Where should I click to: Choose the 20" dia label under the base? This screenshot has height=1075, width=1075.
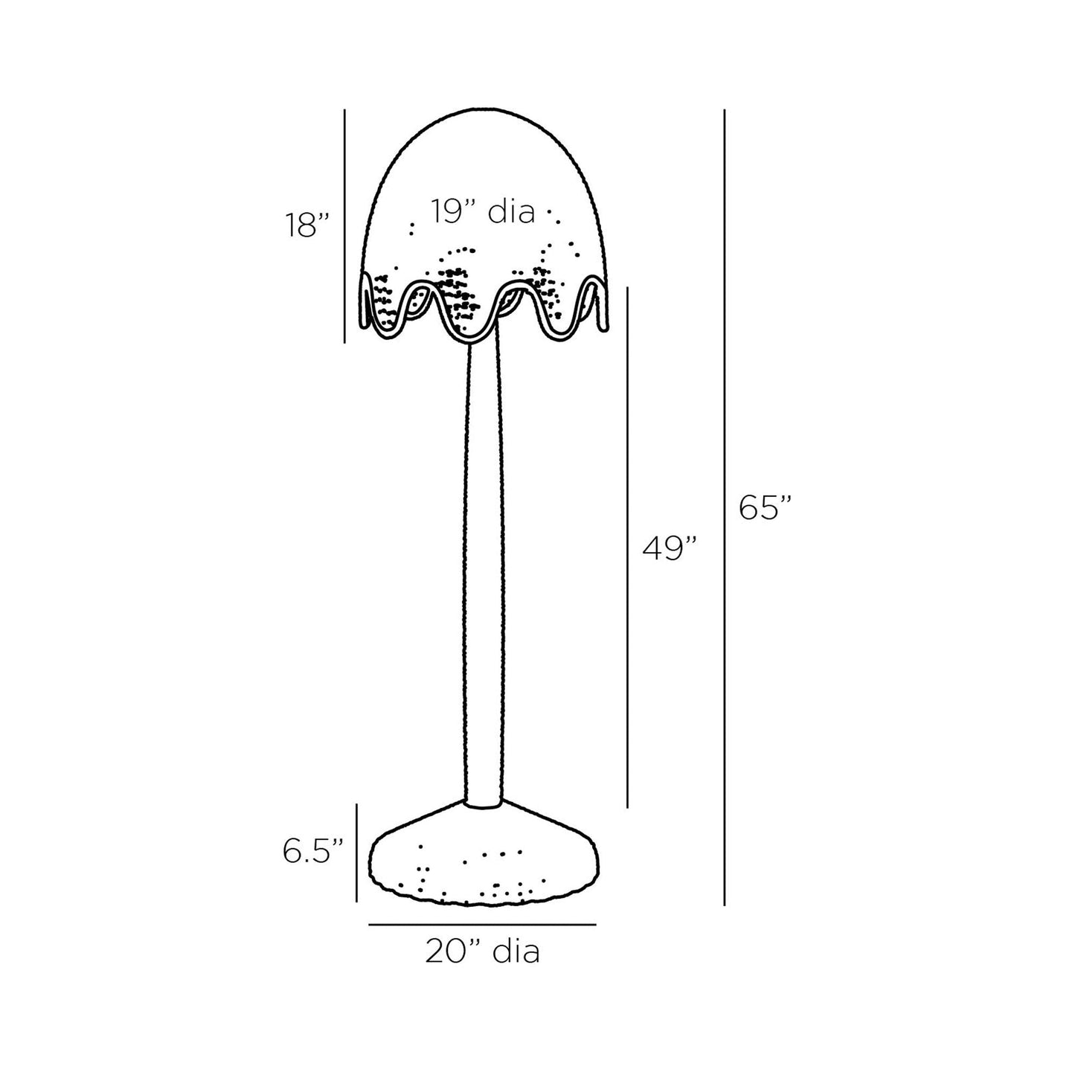(482, 952)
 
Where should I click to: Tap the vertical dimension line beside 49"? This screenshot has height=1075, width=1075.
(628, 547)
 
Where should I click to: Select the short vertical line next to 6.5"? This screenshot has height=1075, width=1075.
(357, 853)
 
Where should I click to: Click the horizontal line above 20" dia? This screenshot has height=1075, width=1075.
(482, 925)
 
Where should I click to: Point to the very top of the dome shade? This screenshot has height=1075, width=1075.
(484, 112)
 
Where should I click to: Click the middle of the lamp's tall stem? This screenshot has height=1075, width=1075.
(484, 573)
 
